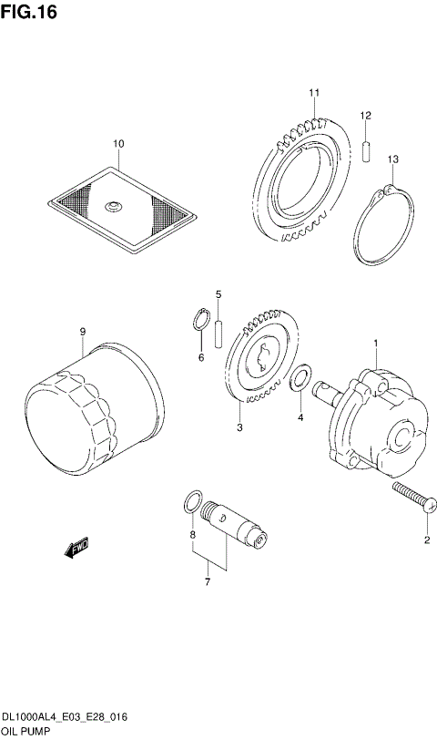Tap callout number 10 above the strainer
pyautogui.click(x=117, y=143)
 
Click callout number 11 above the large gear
pyautogui.click(x=313, y=93)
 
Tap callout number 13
pyautogui.click(x=392, y=160)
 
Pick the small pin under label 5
pyautogui.click(x=218, y=333)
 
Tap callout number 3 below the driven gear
pyautogui.click(x=239, y=428)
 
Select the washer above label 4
pyautogui.click(x=300, y=377)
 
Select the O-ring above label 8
pyautogui.click(x=192, y=500)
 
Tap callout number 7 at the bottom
pyautogui.click(x=207, y=581)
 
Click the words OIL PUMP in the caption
pyautogui.click(x=25, y=732)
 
